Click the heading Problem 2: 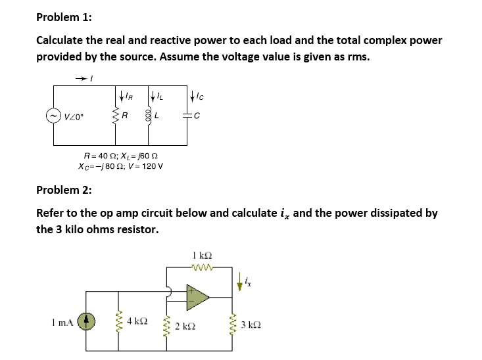pos(64,191)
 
